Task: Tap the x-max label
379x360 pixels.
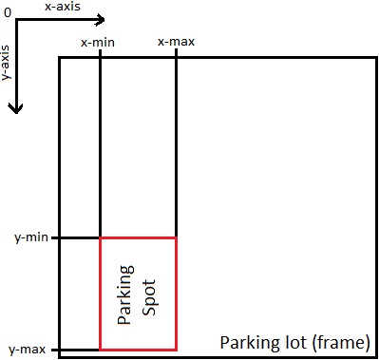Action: (x=175, y=43)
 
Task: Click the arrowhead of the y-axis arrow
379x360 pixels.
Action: (x=15, y=109)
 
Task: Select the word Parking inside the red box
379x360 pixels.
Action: (x=124, y=294)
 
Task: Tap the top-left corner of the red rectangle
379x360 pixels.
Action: (x=101, y=237)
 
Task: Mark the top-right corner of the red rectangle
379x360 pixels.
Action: (x=176, y=237)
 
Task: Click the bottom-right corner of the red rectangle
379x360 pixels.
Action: (x=176, y=349)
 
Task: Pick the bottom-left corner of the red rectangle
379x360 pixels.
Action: (x=101, y=349)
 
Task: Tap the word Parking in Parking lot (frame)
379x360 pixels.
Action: (x=245, y=342)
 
